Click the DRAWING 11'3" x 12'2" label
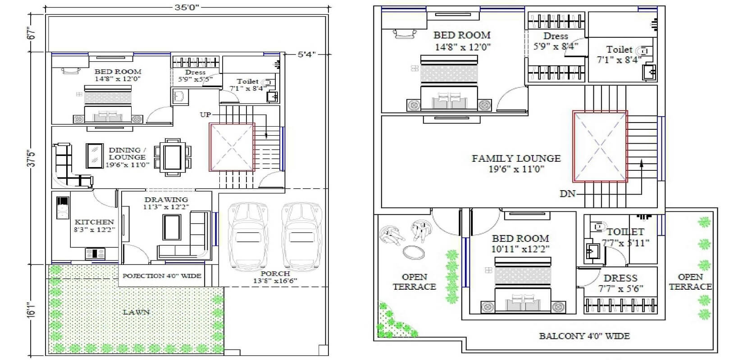tap(166, 203)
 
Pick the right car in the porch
tap(301, 237)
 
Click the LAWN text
tap(137, 312)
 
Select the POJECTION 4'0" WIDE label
tap(162, 276)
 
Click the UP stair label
tap(205, 114)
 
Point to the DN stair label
tap(567, 193)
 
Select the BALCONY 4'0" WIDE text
tap(584, 336)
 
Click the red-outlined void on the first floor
tap(600, 146)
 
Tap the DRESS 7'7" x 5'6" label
tap(620, 283)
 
